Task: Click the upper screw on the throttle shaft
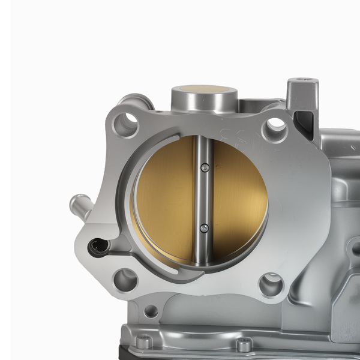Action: [205, 167]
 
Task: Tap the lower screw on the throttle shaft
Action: [205, 228]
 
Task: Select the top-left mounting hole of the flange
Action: [125, 124]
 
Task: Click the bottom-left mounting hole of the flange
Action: [125, 279]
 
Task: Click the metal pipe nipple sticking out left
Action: [80, 205]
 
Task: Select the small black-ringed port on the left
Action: [98, 245]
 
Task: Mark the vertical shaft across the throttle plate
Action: [203, 198]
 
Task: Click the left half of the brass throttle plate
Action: [164, 198]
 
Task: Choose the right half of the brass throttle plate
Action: [240, 198]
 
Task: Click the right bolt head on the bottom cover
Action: [244, 344]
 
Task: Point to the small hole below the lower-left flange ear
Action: [151, 311]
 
